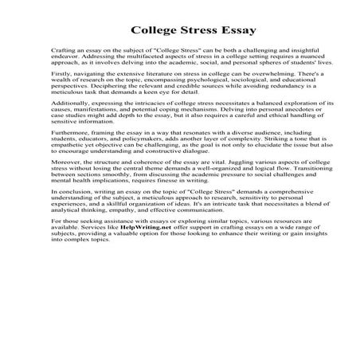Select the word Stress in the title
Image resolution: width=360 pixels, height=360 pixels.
tap(188, 33)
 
